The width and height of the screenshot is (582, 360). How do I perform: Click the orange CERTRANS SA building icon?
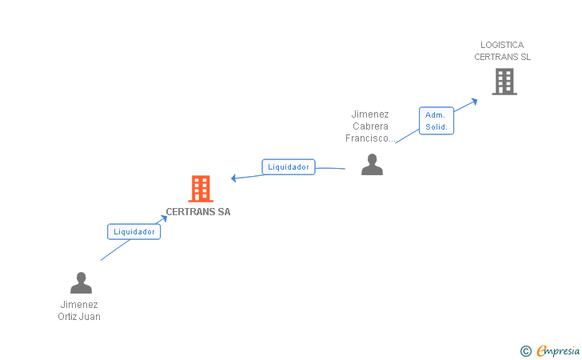tap(201, 189)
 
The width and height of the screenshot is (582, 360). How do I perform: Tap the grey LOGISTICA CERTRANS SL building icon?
tap(504, 82)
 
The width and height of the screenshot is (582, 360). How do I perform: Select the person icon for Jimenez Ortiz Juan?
tap(81, 283)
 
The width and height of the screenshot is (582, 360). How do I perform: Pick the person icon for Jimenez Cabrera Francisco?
tap(372, 165)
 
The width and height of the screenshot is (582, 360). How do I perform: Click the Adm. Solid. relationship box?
tap(436, 121)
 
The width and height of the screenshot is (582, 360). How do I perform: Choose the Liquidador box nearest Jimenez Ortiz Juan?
tap(134, 232)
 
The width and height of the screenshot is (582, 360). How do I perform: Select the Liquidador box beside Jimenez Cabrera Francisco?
tap(289, 167)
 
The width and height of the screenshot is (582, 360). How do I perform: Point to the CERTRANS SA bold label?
tap(198, 212)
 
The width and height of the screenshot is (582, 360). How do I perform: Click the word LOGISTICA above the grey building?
tap(502, 45)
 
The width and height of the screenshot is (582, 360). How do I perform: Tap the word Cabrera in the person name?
tap(370, 126)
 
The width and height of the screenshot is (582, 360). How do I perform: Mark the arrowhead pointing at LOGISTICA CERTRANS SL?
tap(474, 101)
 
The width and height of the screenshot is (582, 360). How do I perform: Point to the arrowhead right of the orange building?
tap(233, 178)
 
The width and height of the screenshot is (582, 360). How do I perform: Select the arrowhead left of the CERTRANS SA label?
tap(164, 218)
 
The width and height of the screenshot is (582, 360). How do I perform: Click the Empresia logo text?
tap(558, 350)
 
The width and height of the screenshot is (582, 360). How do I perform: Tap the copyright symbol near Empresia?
tap(526, 351)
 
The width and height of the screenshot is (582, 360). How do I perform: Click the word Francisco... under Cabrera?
tap(370, 138)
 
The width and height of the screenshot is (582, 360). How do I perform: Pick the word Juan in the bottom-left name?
tap(90, 317)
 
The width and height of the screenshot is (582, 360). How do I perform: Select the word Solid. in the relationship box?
tap(436, 127)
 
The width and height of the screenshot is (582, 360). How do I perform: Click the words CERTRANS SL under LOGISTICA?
tap(503, 57)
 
